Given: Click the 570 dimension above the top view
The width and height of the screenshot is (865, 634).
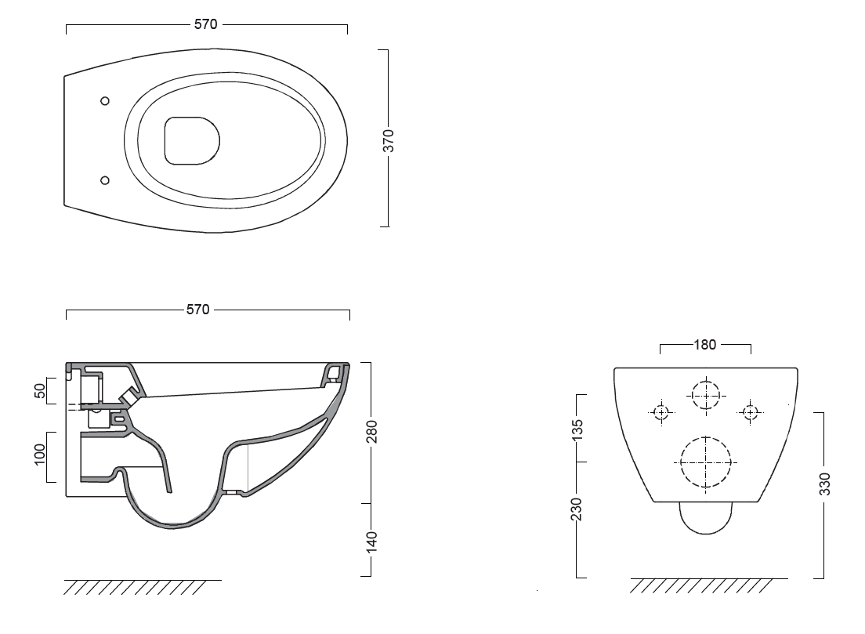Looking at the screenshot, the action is (206, 24).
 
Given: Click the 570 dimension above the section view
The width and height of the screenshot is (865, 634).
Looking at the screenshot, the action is (198, 310).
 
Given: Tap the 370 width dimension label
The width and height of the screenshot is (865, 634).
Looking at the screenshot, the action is (389, 141).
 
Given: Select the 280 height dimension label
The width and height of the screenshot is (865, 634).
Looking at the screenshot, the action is (372, 432).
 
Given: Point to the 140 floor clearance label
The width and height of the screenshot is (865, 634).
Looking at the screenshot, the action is (372, 542).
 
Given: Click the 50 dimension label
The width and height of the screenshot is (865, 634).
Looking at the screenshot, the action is (40, 390).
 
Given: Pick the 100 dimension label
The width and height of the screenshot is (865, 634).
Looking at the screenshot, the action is (40, 454).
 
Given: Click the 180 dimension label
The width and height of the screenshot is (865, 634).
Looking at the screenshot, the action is (704, 345).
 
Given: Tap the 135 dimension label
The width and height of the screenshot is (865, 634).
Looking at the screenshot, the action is (577, 430).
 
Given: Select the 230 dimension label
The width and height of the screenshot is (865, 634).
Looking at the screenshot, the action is (577, 509).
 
